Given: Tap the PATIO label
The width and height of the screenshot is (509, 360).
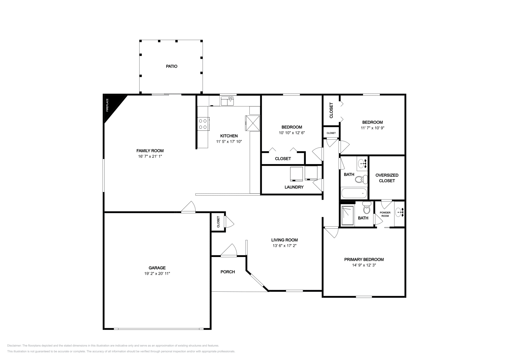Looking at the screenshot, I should (x=171, y=66).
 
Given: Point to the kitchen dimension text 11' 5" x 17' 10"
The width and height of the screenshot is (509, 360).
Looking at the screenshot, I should (x=229, y=142).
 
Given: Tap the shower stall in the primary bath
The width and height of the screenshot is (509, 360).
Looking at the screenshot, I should (x=347, y=216).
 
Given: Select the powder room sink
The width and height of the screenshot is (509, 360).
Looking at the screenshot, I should (x=399, y=212).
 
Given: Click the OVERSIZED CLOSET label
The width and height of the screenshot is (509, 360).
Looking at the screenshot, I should (x=387, y=178).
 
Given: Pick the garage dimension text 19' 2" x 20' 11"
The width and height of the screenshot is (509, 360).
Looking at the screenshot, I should (x=157, y=273).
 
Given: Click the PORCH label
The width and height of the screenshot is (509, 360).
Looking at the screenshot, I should (x=228, y=272).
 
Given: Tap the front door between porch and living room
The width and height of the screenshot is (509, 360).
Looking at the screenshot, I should (x=229, y=251).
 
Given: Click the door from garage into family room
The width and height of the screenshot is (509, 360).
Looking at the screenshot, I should (x=188, y=208).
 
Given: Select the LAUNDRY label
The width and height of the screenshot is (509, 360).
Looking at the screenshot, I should (x=294, y=187).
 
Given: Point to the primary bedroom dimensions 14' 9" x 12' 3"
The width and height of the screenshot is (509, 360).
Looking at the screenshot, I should (x=364, y=265).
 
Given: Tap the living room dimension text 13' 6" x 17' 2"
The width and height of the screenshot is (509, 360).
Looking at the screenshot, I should (x=284, y=246).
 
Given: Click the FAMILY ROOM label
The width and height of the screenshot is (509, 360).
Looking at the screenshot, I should (x=150, y=151).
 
